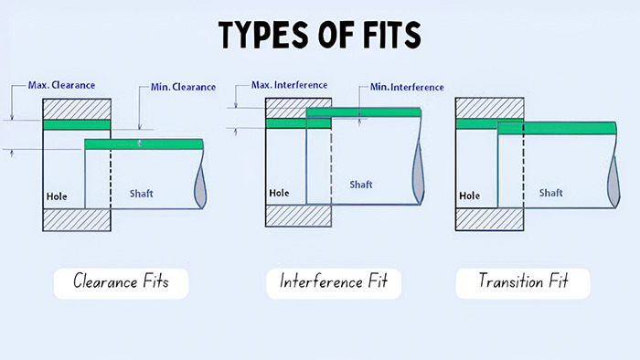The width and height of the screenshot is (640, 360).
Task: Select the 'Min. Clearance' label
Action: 183,88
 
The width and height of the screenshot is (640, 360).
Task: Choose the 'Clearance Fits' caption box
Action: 119,282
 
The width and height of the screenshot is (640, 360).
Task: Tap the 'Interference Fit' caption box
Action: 334,282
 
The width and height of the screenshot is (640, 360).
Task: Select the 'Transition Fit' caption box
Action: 523,282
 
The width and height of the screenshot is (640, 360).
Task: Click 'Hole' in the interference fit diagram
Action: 279,193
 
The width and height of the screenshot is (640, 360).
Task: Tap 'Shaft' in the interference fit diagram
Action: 362,185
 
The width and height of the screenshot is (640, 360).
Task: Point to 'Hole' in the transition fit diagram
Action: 468,196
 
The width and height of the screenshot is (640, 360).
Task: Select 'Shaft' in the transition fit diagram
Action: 550,193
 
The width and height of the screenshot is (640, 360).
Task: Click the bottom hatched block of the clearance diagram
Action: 77,220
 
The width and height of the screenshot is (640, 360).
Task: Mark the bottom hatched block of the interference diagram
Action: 296,215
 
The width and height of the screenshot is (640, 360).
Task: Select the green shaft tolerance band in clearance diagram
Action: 144,143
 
